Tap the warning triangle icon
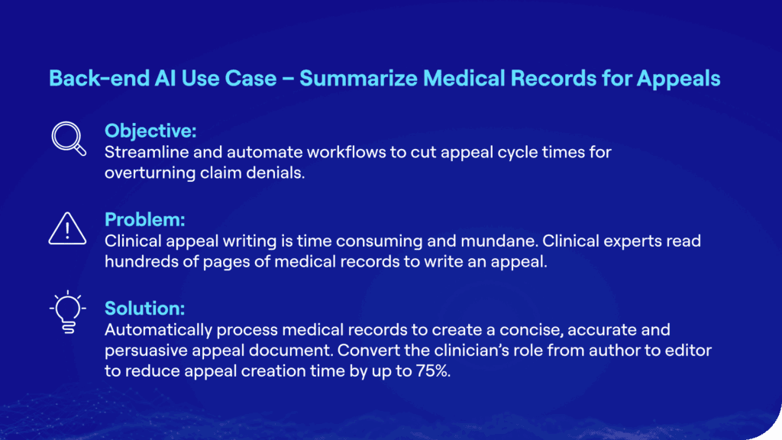point(67,228)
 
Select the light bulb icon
point(68,312)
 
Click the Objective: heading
point(150,131)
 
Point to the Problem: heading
point(144,219)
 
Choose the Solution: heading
point(144,309)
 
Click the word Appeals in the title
point(678,79)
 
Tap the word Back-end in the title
point(99,79)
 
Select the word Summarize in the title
point(358,79)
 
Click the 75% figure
point(433,371)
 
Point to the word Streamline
point(147,152)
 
